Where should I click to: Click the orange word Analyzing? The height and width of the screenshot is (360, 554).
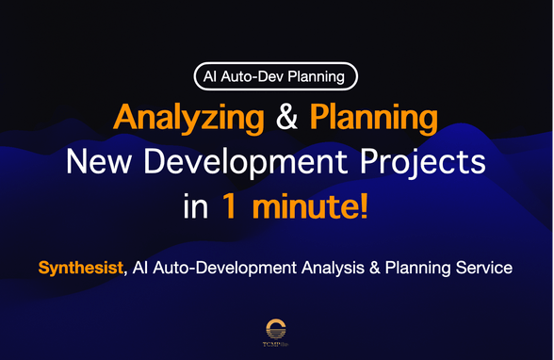pos(188,119)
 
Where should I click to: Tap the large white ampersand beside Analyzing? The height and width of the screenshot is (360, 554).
pos(286,117)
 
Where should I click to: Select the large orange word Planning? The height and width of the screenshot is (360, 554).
pos(374,119)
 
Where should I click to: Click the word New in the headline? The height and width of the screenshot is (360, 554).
pos(99,162)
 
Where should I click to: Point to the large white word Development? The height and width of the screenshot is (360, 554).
pos(246,163)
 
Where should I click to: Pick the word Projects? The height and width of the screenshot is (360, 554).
pos(423,163)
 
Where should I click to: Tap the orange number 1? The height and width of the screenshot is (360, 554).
pos(230,206)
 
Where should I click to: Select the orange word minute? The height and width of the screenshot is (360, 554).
pos(311,206)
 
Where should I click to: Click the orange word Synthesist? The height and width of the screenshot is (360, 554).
pos(81,268)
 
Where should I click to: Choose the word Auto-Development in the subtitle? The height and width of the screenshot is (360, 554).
pos(224,268)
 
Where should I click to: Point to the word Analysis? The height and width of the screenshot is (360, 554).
pos(333,269)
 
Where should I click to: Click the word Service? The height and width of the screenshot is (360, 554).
pos(484,268)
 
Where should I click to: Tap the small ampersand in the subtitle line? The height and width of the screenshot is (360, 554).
pos(375,268)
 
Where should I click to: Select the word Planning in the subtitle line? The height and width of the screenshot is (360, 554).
pos(418,269)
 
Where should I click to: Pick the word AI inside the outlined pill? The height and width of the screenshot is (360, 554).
pos(209,76)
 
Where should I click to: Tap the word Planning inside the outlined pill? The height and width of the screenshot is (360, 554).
pos(317,77)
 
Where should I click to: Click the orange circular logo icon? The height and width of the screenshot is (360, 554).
pos(276,329)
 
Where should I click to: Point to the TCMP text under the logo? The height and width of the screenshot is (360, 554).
pos(271,344)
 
